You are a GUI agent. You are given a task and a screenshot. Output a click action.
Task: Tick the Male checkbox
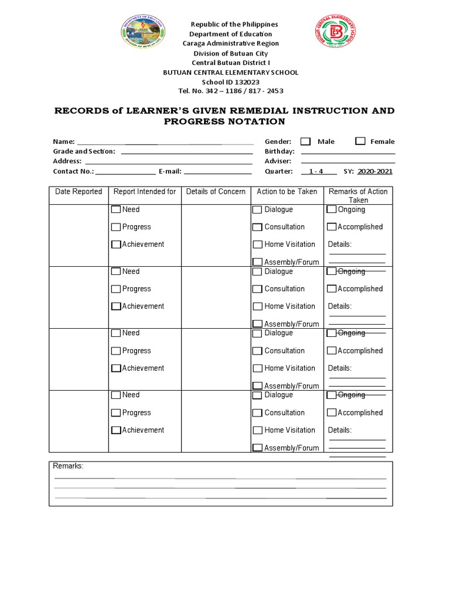click(305, 142)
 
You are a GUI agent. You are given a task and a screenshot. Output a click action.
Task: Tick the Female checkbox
click(360, 141)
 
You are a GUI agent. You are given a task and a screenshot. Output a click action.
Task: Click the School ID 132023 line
click(230, 82)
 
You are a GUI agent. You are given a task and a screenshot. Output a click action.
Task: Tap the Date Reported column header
click(79, 192)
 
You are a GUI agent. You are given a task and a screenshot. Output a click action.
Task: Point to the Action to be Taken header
click(287, 192)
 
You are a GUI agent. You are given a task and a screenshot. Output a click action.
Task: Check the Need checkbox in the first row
click(116, 209)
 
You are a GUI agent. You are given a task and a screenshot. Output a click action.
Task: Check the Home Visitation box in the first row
click(257, 245)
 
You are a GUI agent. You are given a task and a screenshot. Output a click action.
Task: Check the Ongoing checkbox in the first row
click(332, 209)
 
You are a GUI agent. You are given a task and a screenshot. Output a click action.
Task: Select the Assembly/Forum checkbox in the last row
click(257, 448)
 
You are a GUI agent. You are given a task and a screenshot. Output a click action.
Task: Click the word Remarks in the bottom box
click(69, 466)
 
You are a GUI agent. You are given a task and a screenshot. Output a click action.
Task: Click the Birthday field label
click(279, 152)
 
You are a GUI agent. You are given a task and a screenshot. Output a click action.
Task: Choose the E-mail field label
click(171, 172)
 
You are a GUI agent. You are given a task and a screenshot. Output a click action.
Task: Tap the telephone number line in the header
click(230, 91)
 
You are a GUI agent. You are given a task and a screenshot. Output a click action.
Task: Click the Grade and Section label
click(84, 152)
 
